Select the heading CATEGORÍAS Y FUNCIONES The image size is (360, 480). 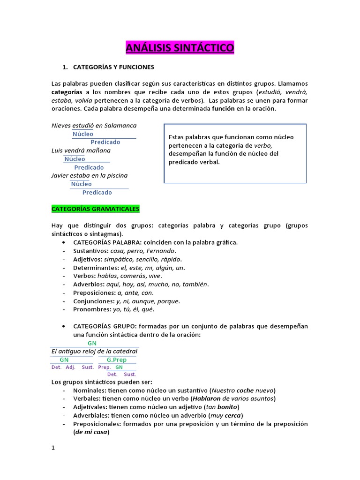click(113, 67)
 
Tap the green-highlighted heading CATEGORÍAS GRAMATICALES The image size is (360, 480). click(96, 208)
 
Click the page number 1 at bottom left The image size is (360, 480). click(53, 448)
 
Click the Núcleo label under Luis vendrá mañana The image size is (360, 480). click(75, 159)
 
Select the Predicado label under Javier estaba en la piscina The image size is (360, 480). click(97, 192)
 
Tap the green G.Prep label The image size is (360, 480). click(117, 360)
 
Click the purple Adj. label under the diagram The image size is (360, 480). click(70, 367)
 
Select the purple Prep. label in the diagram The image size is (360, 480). click(104, 367)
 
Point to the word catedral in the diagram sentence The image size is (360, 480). click(124, 351)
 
